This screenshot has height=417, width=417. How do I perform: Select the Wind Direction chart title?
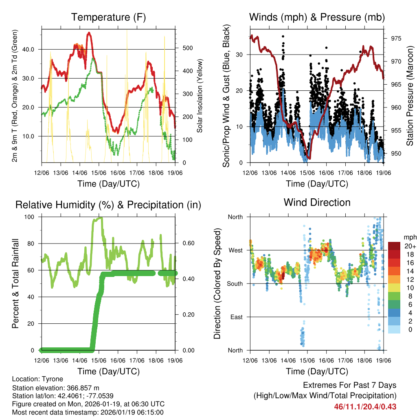coord(317,202)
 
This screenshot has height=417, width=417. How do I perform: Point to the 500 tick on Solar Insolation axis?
coord(187,48)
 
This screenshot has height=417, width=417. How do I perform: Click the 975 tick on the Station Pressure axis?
coord(396,39)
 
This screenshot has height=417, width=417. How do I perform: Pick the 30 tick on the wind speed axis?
coord(240,55)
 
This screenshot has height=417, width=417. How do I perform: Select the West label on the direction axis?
coord(235,250)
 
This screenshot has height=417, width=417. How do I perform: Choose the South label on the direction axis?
coord(235,283)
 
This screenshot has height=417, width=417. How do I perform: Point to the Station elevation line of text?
coord(56,388)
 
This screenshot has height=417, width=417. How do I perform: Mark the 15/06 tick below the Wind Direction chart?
coord(307,360)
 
